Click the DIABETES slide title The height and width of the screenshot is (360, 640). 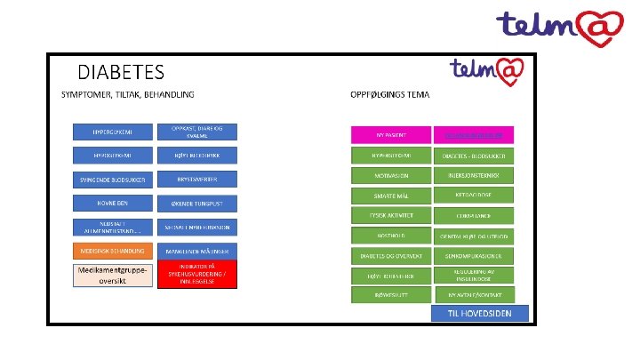(121, 70)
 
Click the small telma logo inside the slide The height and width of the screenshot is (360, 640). (492, 69)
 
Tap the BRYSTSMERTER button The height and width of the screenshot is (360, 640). (197, 179)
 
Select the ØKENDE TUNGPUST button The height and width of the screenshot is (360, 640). (197, 203)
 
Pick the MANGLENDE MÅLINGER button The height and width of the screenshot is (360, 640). (197, 251)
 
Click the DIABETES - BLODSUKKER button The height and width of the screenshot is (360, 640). (474, 155)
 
